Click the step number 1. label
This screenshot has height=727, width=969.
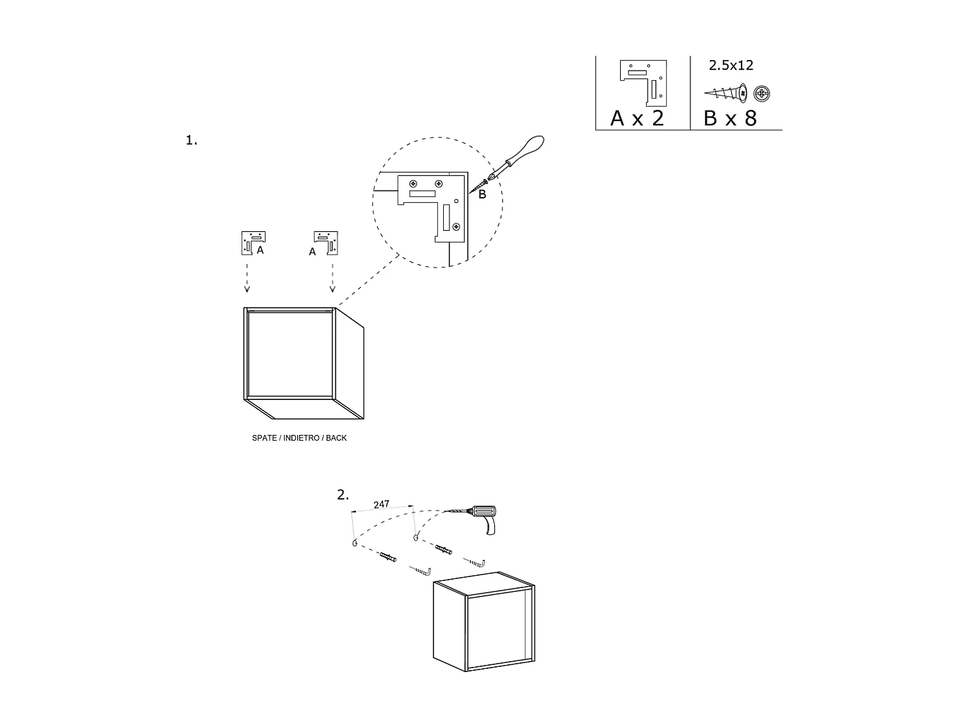click(191, 140)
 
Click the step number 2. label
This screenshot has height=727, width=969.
click(342, 495)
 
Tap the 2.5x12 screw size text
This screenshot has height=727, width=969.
click(731, 65)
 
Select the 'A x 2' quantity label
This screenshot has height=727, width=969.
click(637, 118)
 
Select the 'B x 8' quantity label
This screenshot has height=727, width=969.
click(730, 118)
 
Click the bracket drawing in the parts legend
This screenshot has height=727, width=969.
click(643, 83)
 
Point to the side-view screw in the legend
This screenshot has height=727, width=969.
click(725, 93)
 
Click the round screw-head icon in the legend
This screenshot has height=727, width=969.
click(762, 94)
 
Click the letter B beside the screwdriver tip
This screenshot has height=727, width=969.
click(482, 194)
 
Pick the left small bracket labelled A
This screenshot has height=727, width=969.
click(253, 243)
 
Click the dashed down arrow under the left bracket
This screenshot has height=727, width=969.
click(247, 278)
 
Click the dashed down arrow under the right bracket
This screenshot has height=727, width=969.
click(333, 278)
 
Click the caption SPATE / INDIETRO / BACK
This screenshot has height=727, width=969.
click(299, 438)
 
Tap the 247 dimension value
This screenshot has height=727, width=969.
click(381, 504)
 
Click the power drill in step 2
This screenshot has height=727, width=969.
click(484, 518)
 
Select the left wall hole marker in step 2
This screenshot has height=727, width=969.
click(355, 543)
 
